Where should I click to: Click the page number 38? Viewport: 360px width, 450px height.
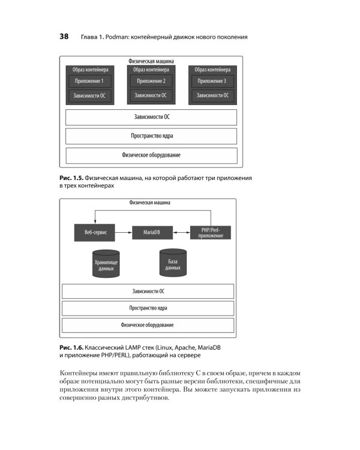pos(64,37)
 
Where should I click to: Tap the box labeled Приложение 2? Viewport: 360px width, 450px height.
pos(151,81)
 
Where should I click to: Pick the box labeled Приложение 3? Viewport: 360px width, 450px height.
pos(212,81)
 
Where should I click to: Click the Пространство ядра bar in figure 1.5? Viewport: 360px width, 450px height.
pos(151,136)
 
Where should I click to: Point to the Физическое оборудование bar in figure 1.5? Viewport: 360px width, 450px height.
pos(152,155)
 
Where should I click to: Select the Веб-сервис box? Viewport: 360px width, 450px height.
pos(95,232)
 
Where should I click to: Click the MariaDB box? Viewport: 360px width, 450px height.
pos(152,232)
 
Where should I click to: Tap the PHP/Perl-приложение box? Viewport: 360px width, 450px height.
pos(211,232)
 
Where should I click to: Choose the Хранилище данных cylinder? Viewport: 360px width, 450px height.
pos(106,264)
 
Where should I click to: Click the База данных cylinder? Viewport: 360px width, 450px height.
pos(173,263)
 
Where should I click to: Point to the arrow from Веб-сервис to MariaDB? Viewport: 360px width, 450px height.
pos(124,232)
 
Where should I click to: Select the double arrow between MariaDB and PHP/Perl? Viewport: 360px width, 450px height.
pos(181,232)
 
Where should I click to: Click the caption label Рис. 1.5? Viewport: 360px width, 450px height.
pos(71,178)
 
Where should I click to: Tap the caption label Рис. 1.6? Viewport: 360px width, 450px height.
pos(71,347)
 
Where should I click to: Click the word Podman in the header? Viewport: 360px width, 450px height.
pos(117,37)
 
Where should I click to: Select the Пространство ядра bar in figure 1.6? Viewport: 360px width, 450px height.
pos(148,308)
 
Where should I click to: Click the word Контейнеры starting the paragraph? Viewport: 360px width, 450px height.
pos(79,373)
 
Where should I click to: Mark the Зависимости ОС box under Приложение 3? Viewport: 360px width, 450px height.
pos(212,95)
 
